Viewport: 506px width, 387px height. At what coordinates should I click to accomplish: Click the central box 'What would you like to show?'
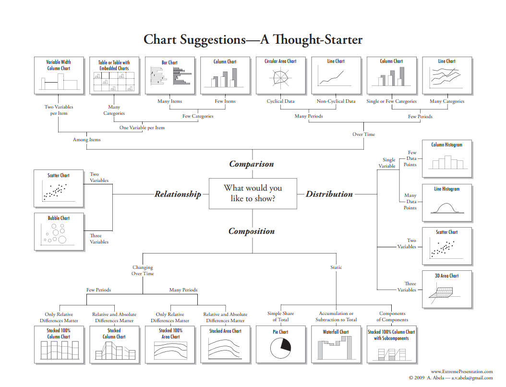coord(253,193)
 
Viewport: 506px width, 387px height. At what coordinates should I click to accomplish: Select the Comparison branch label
coord(252,164)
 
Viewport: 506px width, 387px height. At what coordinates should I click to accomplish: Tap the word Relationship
coord(178,194)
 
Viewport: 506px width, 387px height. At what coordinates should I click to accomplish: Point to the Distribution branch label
coord(329,194)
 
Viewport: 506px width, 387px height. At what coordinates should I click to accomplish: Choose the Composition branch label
coord(252,231)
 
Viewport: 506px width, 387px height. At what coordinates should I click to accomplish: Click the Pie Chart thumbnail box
coord(280,344)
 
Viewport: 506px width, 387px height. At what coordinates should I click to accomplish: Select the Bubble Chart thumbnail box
coord(59,232)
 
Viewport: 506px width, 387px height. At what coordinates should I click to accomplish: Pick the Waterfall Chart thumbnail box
coord(336,344)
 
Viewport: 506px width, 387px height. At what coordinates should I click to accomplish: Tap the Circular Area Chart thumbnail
coord(280,75)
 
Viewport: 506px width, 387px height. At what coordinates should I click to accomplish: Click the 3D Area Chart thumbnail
coord(447,289)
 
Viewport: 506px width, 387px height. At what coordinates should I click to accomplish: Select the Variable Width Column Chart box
coord(59,75)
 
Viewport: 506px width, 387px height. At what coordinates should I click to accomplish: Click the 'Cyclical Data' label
coord(281,101)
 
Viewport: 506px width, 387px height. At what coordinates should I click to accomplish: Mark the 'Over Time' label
coord(364,134)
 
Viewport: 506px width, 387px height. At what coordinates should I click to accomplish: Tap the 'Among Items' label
coord(87,140)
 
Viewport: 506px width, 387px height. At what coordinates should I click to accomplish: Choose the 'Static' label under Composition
coord(336,267)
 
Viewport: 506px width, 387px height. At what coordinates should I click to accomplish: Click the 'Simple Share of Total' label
coord(281,316)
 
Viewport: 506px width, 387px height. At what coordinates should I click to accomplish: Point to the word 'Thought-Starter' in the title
coord(312,39)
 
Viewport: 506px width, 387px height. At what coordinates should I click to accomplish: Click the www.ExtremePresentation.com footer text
coord(462,372)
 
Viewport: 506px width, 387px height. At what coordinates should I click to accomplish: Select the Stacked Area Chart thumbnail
coord(225,344)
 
